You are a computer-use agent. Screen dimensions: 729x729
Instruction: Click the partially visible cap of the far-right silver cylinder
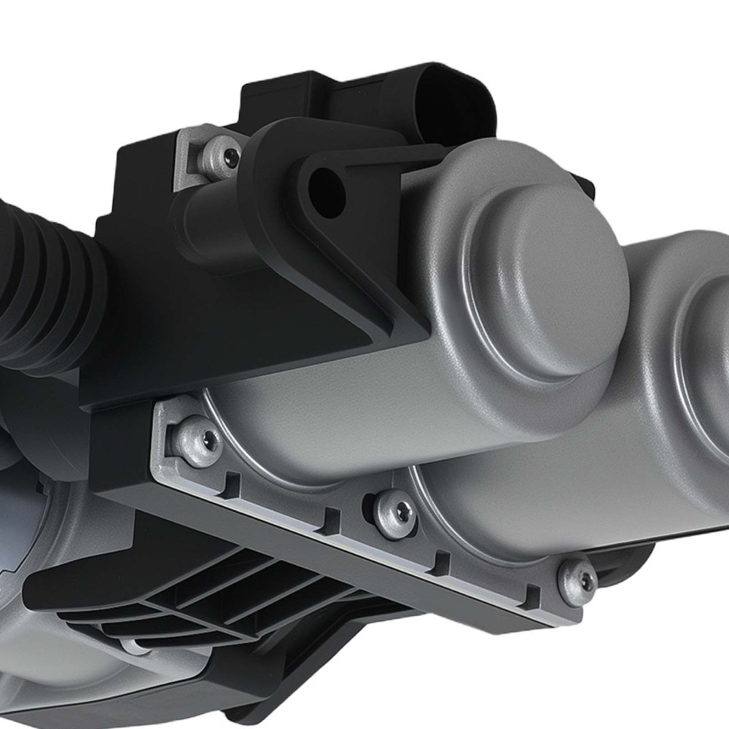pyautogui.click(x=703, y=328)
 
